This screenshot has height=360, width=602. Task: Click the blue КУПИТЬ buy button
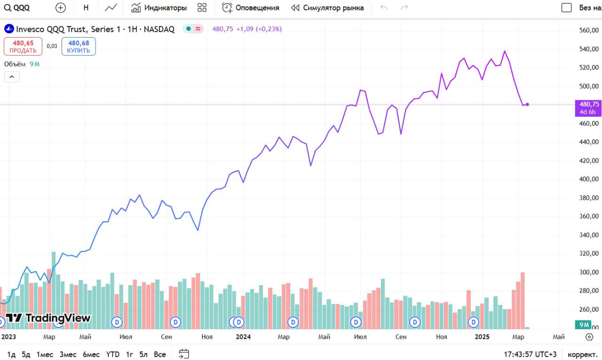pyautogui.click(x=79, y=47)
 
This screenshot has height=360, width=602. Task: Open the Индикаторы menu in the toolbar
pyautogui.click(x=159, y=8)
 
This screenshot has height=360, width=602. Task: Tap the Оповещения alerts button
pyautogui.click(x=251, y=8)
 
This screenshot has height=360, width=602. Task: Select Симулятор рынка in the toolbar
pyautogui.click(x=327, y=8)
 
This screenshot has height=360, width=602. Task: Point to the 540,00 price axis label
pyautogui.click(x=588, y=49)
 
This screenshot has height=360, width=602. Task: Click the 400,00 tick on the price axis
pyautogui.click(x=588, y=179)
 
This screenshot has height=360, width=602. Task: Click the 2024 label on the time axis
pyautogui.click(x=243, y=337)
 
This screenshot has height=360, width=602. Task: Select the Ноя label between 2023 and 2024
pyautogui.click(x=207, y=337)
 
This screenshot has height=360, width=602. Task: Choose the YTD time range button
pyautogui.click(x=112, y=354)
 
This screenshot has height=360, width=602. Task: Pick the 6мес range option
pyautogui.click(x=91, y=354)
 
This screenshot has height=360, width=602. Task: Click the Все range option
pyautogui.click(x=160, y=354)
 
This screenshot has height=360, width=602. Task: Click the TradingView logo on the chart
pyautogui.click(x=48, y=318)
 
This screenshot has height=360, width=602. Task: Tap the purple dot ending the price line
pyautogui.click(x=527, y=104)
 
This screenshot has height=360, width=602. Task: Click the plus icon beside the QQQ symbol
pyautogui.click(x=61, y=8)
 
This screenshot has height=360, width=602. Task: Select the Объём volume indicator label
pyautogui.click(x=15, y=64)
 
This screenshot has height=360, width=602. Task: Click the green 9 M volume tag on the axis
pyautogui.click(x=584, y=325)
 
